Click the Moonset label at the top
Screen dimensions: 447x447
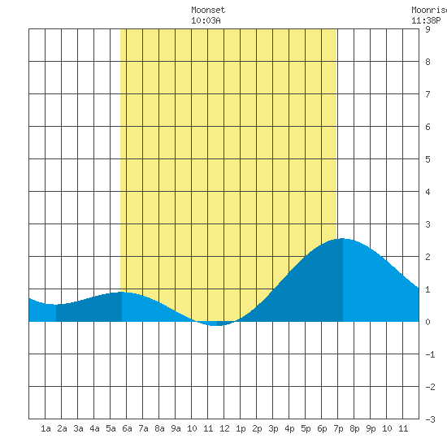(x=208, y=10)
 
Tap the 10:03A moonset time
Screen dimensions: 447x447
(x=206, y=20)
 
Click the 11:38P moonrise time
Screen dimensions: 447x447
(x=426, y=20)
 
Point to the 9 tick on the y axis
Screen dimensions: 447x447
(x=427, y=29)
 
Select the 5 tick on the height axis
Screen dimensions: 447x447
(x=427, y=159)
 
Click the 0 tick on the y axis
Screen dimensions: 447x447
(x=427, y=322)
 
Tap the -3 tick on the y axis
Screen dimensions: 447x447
(x=430, y=419)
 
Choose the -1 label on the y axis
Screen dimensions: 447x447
(x=430, y=354)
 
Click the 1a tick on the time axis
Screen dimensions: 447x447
(x=46, y=428)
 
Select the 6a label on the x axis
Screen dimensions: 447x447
(x=127, y=428)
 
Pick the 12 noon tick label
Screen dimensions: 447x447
(x=224, y=428)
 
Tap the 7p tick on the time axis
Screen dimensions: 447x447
(x=338, y=428)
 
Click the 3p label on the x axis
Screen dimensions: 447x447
(x=273, y=428)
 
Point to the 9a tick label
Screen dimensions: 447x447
(x=176, y=428)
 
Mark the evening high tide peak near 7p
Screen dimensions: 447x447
(x=342, y=239)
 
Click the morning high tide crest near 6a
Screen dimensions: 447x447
(x=122, y=293)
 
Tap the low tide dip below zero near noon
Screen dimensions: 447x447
(x=217, y=325)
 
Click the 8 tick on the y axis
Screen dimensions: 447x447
(x=427, y=62)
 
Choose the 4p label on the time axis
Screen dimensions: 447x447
(x=289, y=428)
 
